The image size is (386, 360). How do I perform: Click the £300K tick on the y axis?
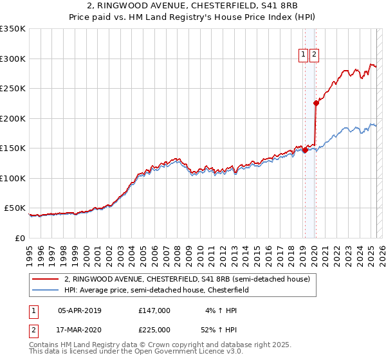coord(13,59)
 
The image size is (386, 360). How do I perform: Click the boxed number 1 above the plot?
coord(303,55)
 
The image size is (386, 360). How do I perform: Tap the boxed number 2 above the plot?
coord(314,55)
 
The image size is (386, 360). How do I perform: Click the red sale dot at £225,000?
coord(316,103)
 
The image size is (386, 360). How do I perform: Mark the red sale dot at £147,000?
coord(305,150)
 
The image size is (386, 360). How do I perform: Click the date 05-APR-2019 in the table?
coord(80,310)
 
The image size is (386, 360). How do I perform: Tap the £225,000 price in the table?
coord(154,330)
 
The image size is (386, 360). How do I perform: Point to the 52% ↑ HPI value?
coord(220,330)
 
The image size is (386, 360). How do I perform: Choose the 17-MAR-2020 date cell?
coord(80,330)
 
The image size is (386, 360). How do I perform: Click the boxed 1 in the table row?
coord(33,310)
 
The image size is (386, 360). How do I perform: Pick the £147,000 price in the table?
coord(154,310)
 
